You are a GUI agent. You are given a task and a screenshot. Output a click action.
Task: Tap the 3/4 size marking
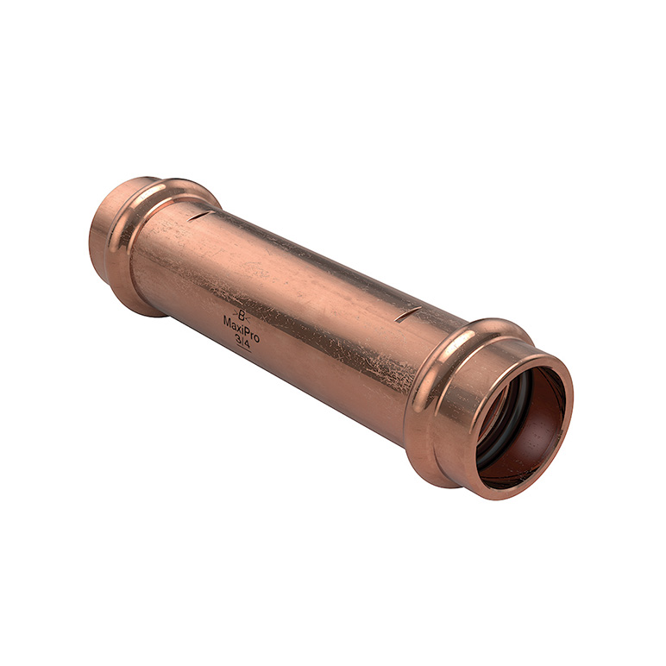[243, 342]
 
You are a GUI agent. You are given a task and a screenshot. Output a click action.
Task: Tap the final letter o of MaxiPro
[257, 335]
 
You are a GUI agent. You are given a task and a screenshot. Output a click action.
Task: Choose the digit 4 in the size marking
[248, 344]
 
